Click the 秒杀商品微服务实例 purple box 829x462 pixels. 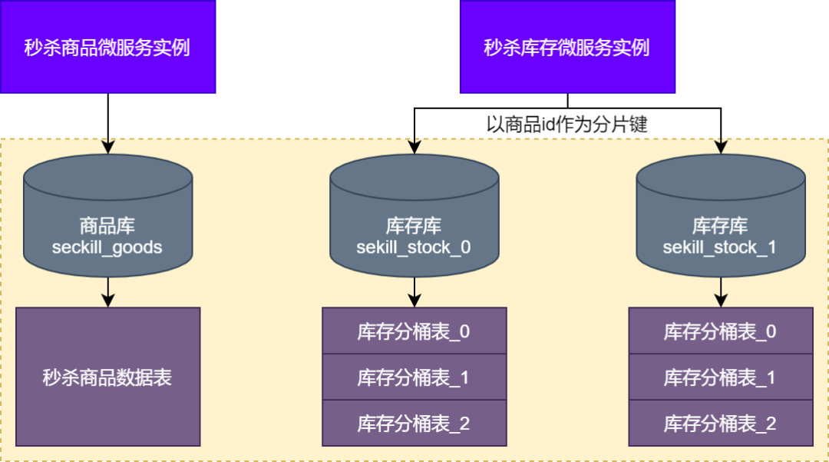(107, 47)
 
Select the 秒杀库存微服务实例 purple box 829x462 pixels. (567, 47)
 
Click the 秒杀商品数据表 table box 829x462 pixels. (107, 377)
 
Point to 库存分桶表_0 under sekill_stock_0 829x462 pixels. (414, 331)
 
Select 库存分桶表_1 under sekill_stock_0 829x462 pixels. (414, 377)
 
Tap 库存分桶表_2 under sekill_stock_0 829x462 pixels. (414, 423)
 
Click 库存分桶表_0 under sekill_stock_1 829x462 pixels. (721, 331)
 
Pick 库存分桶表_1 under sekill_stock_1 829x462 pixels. (721, 377)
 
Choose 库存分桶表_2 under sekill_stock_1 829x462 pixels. (721, 423)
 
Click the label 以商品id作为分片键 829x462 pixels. (567, 125)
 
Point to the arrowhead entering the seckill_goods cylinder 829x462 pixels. (107, 147)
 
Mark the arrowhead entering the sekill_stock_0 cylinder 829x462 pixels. (414, 147)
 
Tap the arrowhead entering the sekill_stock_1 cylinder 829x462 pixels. (721, 147)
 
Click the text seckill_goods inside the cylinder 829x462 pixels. (107, 248)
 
